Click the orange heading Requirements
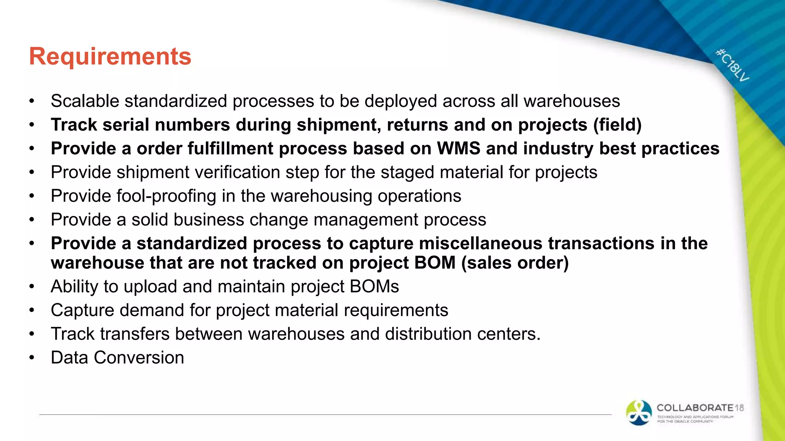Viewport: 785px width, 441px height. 110,56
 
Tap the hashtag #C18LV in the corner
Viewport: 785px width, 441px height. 732,65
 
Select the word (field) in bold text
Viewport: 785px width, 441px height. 617,125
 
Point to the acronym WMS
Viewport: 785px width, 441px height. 458,149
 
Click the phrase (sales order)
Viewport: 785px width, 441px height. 515,263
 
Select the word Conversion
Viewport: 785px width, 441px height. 139,358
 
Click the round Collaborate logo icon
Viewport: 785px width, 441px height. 639,413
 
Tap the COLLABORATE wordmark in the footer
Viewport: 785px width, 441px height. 695,408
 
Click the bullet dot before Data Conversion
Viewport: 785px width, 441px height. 32,358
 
